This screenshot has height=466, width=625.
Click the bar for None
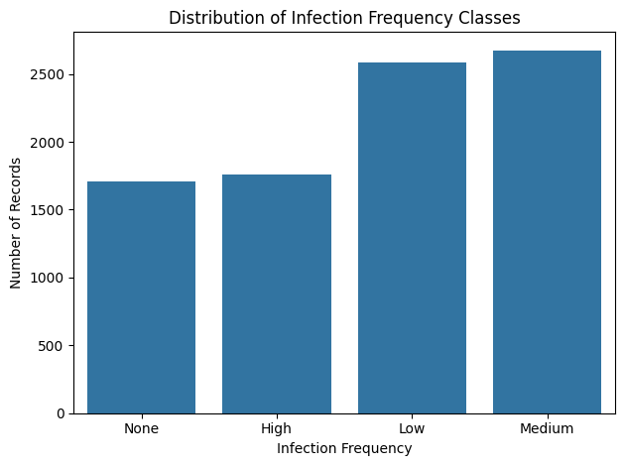[141, 297]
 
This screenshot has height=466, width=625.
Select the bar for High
[277, 293]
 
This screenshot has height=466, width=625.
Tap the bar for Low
[412, 238]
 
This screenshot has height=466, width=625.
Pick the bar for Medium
[547, 232]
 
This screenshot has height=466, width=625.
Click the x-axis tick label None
[141, 428]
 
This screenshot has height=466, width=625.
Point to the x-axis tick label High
[277, 428]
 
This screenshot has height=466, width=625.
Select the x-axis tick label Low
[412, 428]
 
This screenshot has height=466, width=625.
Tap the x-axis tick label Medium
[547, 428]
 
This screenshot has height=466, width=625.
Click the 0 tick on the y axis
[62, 413]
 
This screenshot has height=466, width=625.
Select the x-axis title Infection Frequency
[344, 448]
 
